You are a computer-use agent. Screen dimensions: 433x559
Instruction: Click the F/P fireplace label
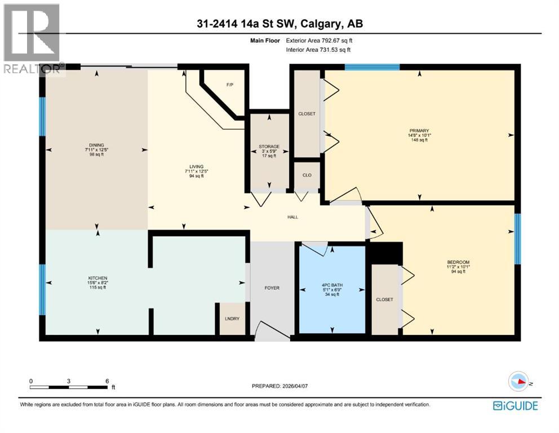(x=229, y=85)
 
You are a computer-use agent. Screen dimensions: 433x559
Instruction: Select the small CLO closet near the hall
(x=307, y=175)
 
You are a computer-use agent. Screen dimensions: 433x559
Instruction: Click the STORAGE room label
(x=269, y=147)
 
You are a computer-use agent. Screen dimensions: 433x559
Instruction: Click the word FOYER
(x=272, y=288)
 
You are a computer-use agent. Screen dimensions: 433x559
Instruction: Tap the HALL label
(x=292, y=216)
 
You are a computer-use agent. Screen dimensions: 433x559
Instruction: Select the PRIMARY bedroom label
(x=419, y=131)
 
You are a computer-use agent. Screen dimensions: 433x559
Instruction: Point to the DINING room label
(x=96, y=145)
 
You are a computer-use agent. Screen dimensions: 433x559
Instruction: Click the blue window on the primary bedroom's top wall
(x=372, y=67)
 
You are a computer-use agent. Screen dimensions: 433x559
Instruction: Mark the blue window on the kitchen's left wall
(x=42, y=290)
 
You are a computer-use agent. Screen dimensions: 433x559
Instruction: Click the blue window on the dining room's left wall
(x=42, y=117)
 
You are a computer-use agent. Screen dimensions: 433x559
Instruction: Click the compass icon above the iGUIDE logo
(x=519, y=382)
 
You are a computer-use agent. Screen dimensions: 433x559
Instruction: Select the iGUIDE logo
(x=515, y=405)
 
